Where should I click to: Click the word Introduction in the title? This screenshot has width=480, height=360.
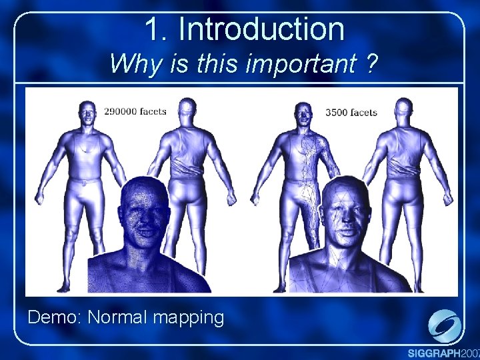261,29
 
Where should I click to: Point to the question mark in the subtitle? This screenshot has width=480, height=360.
371,65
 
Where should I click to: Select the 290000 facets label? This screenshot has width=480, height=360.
135,111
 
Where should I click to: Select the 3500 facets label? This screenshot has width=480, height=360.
351,112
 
